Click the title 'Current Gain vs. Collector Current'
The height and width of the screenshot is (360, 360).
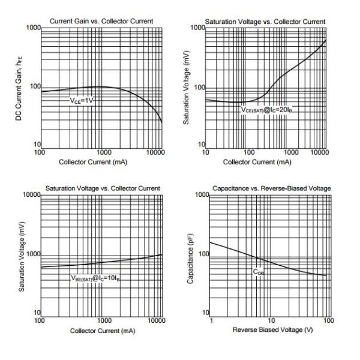click(101, 22)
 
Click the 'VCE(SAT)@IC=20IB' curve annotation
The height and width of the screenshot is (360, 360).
click(270, 110)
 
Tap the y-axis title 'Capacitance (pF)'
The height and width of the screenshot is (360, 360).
click(190, 254)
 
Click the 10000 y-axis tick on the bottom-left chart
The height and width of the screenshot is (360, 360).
click(29, 196)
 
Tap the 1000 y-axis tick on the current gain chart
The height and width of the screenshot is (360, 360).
click(33, 28)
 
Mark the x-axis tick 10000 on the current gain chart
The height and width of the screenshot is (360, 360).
click(155, 153)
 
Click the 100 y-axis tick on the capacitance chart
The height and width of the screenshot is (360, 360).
click(203, 254)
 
